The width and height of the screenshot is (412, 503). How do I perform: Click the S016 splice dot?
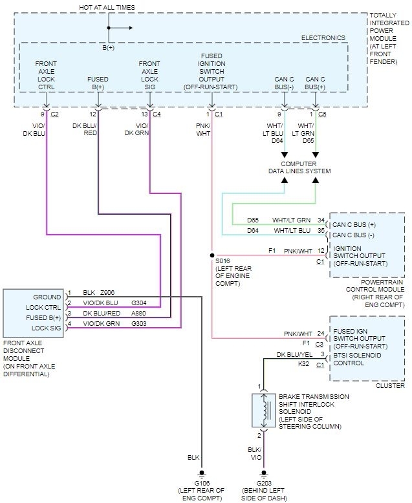pyautogui.click(x=211, y=255)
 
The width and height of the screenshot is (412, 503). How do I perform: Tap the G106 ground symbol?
pyautogui.click(x=202, y=473)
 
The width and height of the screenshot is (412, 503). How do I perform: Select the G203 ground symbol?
pyautogui.click(x=264, y=473)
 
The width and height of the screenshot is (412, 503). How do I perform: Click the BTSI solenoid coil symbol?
pyautogui.click(x=264, y=411)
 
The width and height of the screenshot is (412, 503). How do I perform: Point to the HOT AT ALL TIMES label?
pyautogui.click(x=107, y=7)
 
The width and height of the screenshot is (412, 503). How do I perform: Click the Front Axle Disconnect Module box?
pyautogui.click(x=33, y=313)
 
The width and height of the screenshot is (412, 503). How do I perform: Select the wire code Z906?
pyautogui.click(x=107, y=293)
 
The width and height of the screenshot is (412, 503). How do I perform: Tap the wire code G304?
pyautogui.click(x=139, y=303)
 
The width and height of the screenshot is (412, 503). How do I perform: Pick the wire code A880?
pyautogui.click(x=138, y=313)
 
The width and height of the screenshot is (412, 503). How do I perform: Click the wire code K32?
pyautogui.click(x=303, y=363)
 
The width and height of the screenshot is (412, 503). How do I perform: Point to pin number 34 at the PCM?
pyautogui.click(x=321, y=220)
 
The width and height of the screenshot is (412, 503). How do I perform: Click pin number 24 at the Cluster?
pyautogui.click(x=321, y=334)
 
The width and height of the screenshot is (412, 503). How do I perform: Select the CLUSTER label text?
pyautogui.click(x=390, y=385)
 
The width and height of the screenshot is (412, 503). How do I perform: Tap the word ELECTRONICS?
pyautogui.click(x=323, y=38)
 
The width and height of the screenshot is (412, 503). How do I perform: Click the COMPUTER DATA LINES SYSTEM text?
pyautogui.click(x=299, y=167)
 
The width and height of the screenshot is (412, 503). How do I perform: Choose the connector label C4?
pyautogui.click(x=157, y=114)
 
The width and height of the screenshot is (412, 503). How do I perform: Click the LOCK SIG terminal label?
pyautogui.click(x=46, y=328)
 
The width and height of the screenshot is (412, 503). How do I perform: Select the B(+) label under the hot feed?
pyautogui.click(x=109, y=48)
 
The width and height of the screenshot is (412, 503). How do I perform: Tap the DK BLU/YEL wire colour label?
pyautogui.click(x=294, y=354)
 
